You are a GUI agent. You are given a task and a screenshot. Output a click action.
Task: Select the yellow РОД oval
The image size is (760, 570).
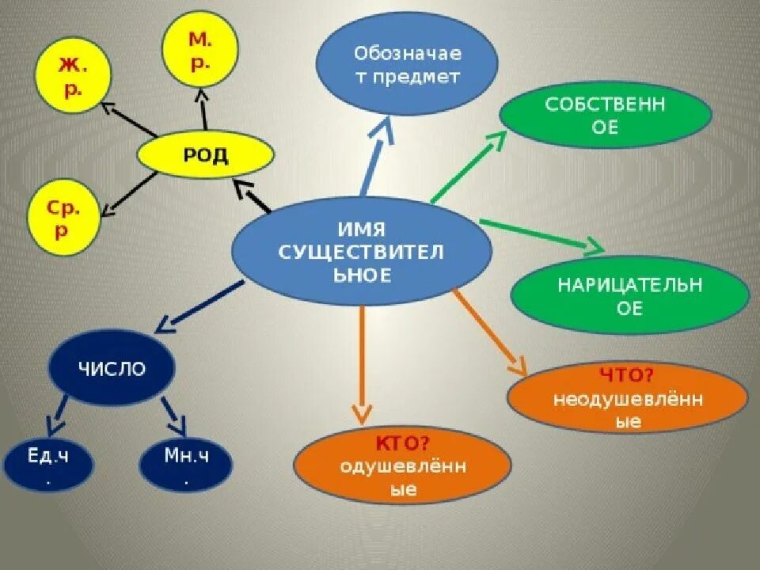[206, 155]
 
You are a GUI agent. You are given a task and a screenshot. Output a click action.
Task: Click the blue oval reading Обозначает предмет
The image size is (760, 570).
[407, 66]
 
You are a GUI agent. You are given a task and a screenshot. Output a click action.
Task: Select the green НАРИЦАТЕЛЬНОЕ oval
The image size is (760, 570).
[629, 294]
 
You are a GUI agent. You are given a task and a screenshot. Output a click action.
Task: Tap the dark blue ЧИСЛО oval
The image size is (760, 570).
[112, 369]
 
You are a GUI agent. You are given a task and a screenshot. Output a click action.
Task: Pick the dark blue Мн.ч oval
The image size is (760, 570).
[186, 464]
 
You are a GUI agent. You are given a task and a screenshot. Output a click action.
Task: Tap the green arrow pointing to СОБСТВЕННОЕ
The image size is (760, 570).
[467, 166]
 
